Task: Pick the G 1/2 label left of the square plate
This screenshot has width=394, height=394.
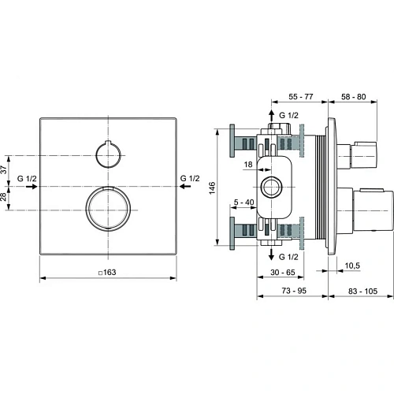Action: point(27,180)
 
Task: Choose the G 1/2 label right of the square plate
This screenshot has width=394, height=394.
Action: point(190,180)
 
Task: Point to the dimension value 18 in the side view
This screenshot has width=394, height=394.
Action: point(247,164)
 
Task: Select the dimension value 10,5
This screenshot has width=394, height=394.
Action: point(352,266)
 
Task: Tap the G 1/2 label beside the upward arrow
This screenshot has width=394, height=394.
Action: point(288,116)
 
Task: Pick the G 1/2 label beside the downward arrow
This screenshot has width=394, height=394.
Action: point(288,256)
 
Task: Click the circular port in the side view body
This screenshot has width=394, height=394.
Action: point(272,187)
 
